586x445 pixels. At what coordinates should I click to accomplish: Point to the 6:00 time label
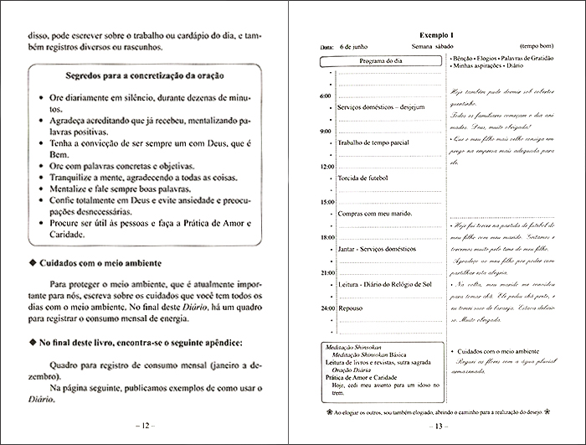(325, 96)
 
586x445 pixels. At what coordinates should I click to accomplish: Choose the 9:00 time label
(325, 132)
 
